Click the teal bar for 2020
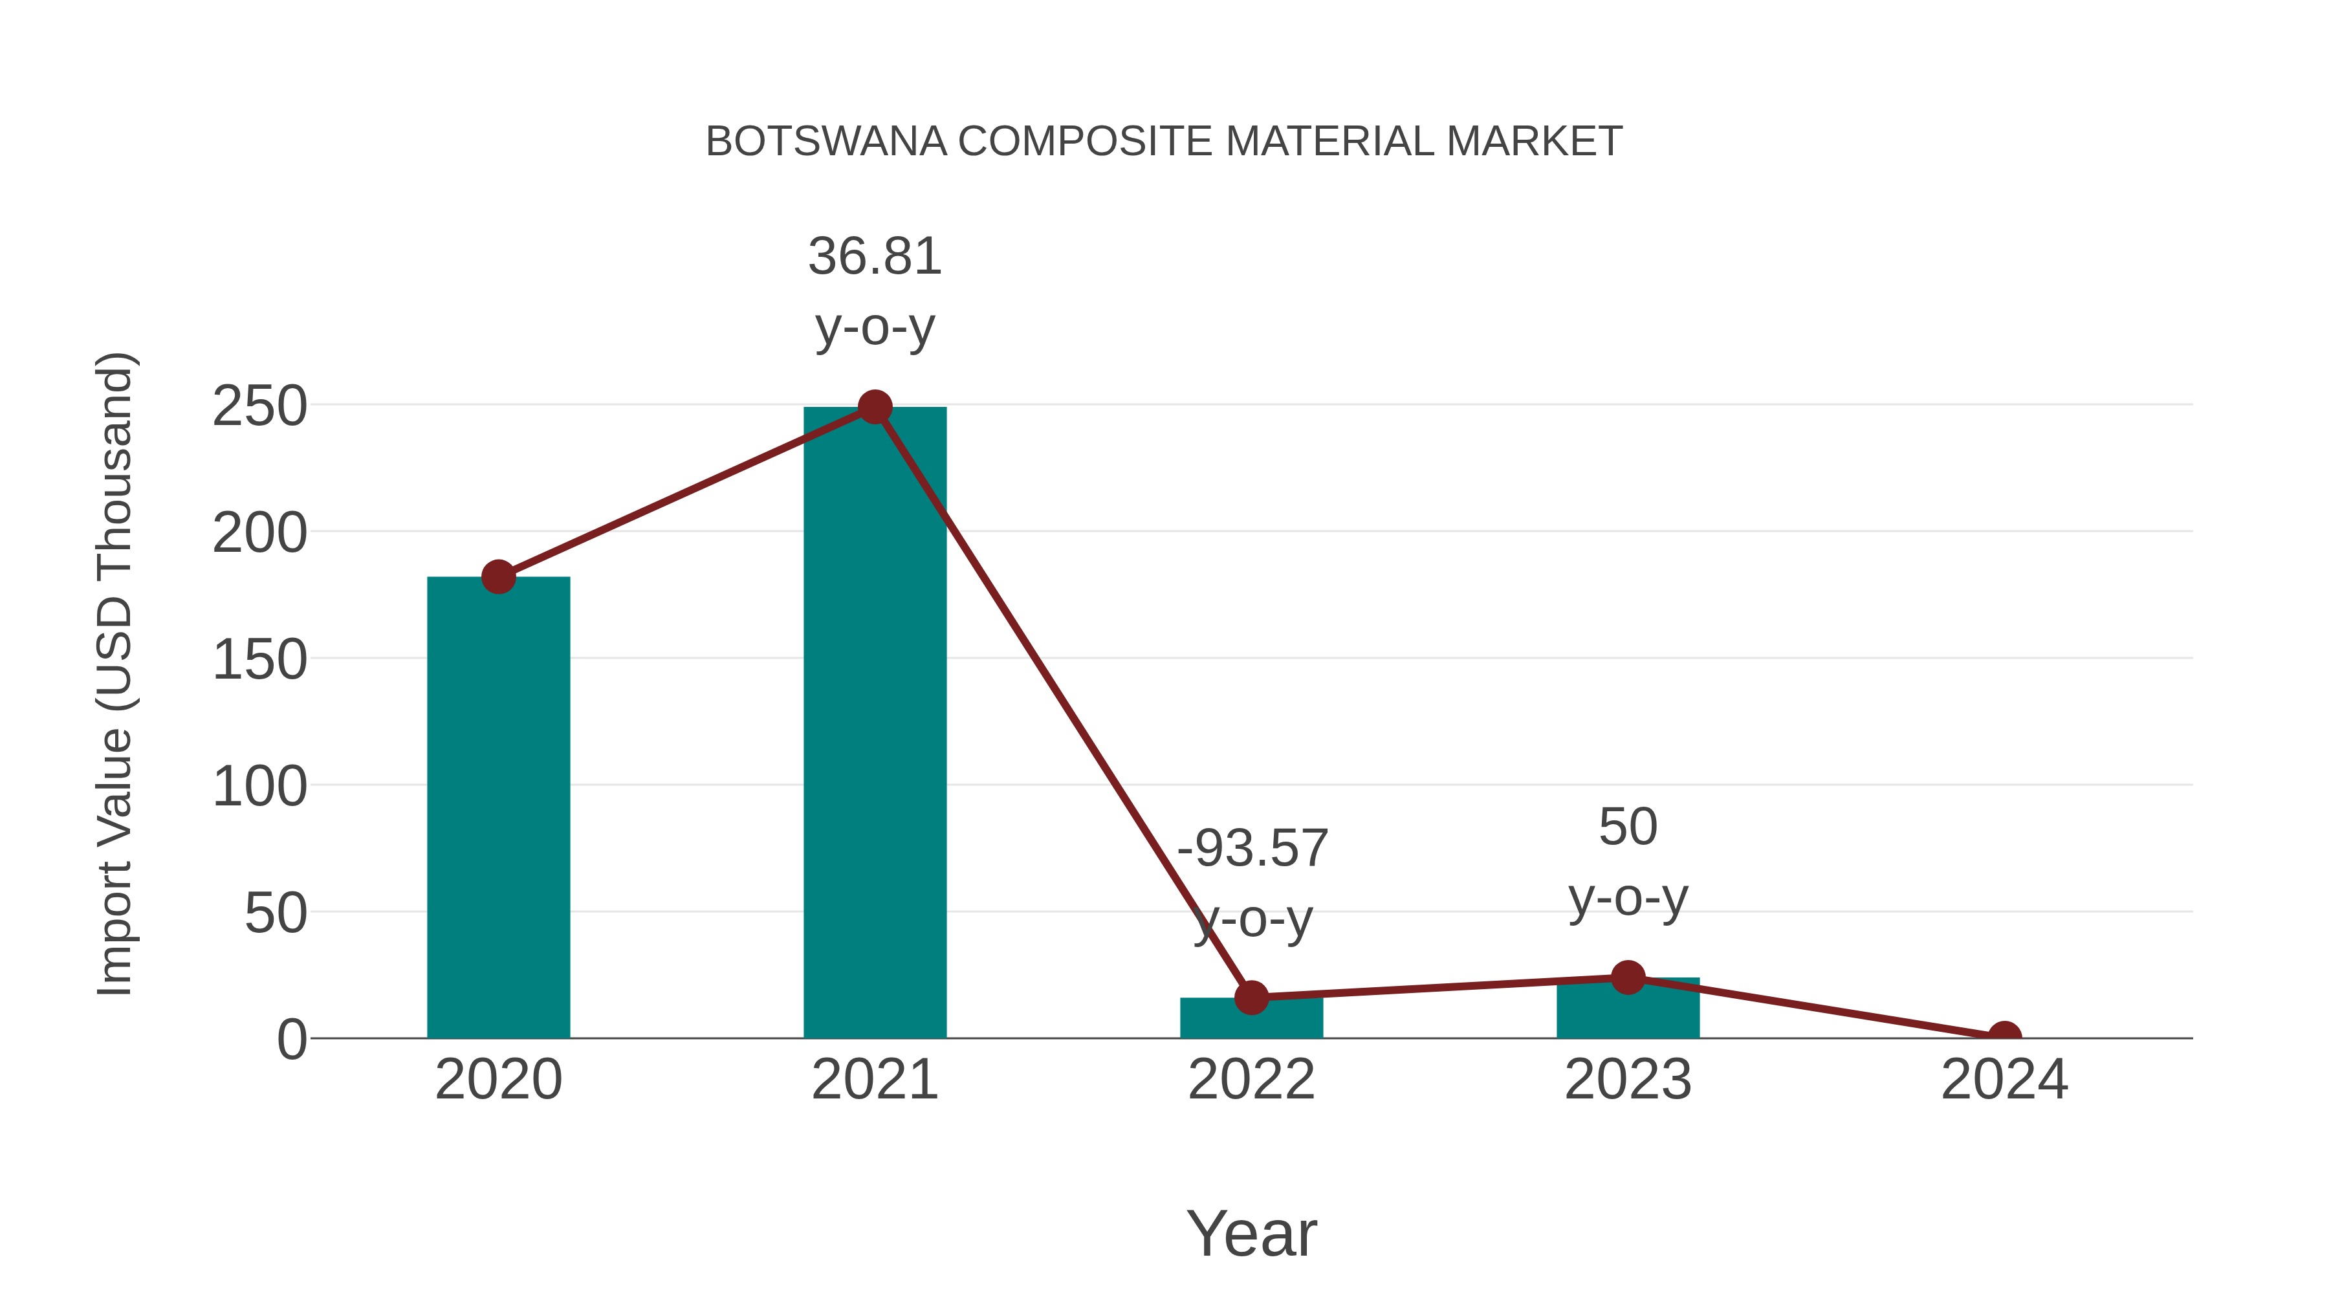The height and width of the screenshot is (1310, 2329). pos(498,814)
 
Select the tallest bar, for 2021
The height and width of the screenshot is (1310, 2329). pos(874,723)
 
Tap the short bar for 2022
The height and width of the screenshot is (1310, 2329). pos(1251,1019)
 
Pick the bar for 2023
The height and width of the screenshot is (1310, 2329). pos(1628,1010)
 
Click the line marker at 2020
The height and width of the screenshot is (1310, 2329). pos(498,577)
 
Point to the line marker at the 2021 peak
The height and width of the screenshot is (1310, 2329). pos(874,408)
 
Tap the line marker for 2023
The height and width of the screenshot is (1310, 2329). pos(1628,977)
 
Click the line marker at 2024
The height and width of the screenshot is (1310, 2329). pos(2004,1036)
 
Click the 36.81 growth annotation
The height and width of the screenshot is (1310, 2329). pos(874,257)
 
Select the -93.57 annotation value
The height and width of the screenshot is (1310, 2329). pos(1252,849)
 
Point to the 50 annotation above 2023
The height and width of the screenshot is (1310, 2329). pos(1628,827)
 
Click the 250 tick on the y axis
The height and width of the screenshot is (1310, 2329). pos(259,407)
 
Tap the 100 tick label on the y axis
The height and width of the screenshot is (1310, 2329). pos(259,787)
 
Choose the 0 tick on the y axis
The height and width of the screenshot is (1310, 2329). pos(292,1040)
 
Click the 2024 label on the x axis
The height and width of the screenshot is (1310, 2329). pos(2004,1080)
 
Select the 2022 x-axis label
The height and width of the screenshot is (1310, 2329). pos(1251,1080)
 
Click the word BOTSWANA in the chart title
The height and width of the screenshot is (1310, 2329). pos(826,142)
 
